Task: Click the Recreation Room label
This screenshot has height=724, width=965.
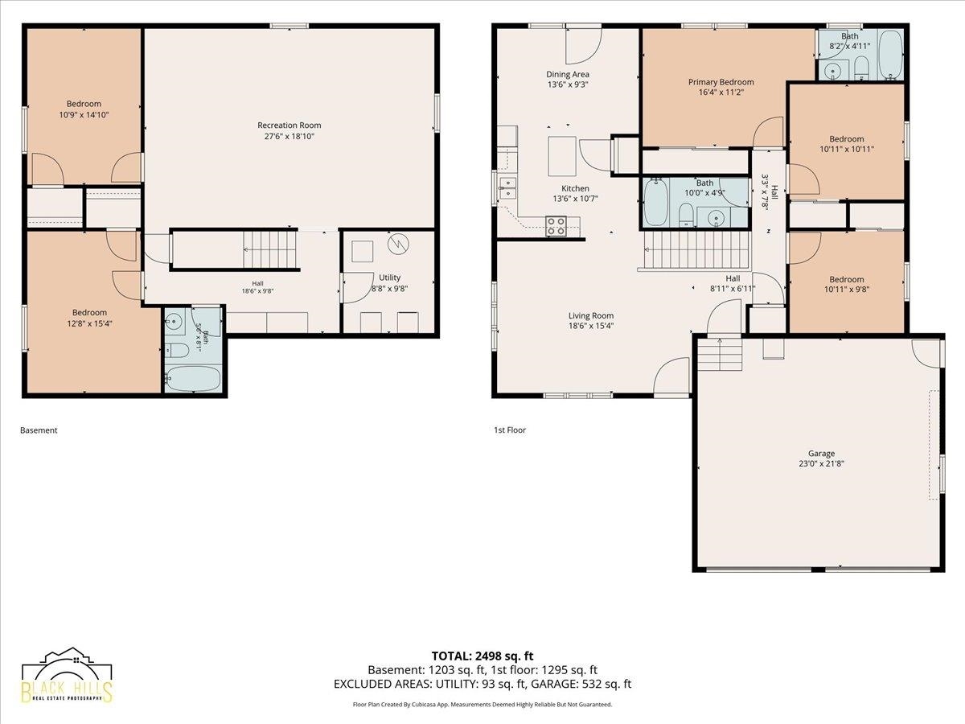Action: point(289,125)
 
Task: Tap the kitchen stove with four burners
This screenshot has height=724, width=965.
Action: point(556,226)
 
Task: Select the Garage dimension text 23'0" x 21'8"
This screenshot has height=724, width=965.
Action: point(821,463)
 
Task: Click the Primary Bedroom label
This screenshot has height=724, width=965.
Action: point(721,82)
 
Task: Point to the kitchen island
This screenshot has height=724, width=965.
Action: point(562,156)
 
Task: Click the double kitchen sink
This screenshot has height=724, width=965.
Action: point(507,188)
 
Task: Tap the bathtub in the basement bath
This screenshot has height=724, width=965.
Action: point(194,378)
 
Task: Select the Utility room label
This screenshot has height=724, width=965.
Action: point(389,278)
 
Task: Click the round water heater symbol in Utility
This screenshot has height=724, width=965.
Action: point(398,244)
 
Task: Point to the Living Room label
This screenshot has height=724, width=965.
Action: point(591,315)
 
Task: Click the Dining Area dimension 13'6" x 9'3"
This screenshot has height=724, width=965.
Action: point(568,84)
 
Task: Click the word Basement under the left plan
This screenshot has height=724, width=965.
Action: point(39,430)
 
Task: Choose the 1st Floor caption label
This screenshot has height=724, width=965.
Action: point(510,430)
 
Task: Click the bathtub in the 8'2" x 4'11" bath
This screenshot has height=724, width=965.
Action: point(890,56)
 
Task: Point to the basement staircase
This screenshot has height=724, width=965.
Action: point(269,249)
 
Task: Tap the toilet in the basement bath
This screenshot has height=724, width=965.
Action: point(177,351)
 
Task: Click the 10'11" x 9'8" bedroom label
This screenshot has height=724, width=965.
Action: point(846,285)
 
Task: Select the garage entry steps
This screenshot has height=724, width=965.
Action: point(720,354)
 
